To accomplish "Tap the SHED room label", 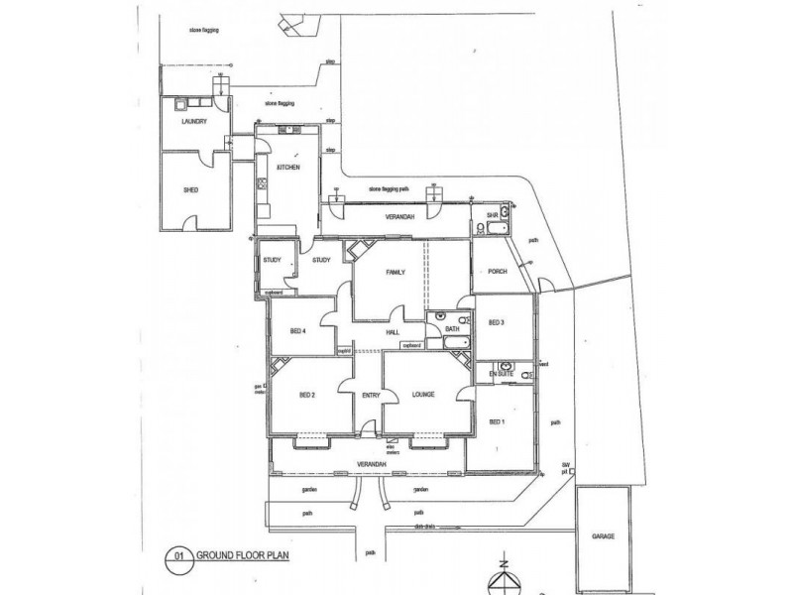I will click(192, 190).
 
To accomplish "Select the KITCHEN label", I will click(288, 168).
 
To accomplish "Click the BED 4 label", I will click(297, 331).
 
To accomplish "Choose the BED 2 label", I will click(306, 396).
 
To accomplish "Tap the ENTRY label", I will click(370, 396).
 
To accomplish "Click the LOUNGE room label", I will click(423, 396).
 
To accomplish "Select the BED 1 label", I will click(498, 421).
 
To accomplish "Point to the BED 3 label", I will click(497, 323).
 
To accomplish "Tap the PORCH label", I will click(496, 275).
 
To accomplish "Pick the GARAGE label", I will click(604, 535).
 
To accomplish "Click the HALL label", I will click(393, 333).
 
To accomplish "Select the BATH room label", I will click(451, 327).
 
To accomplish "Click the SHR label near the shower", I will click(491, 214).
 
